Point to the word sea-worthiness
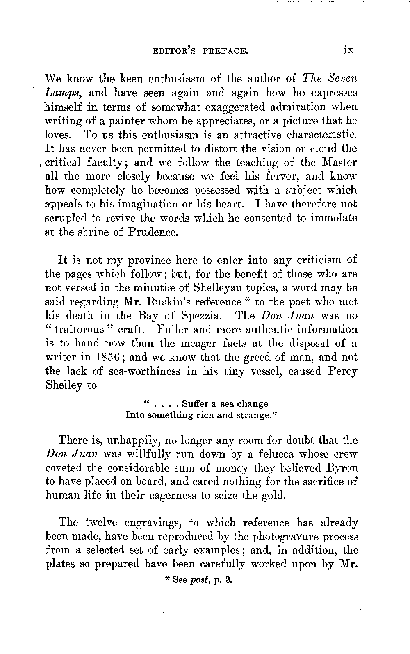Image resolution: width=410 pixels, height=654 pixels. pos(135,371)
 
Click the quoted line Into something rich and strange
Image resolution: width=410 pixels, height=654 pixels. pos(202,415)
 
